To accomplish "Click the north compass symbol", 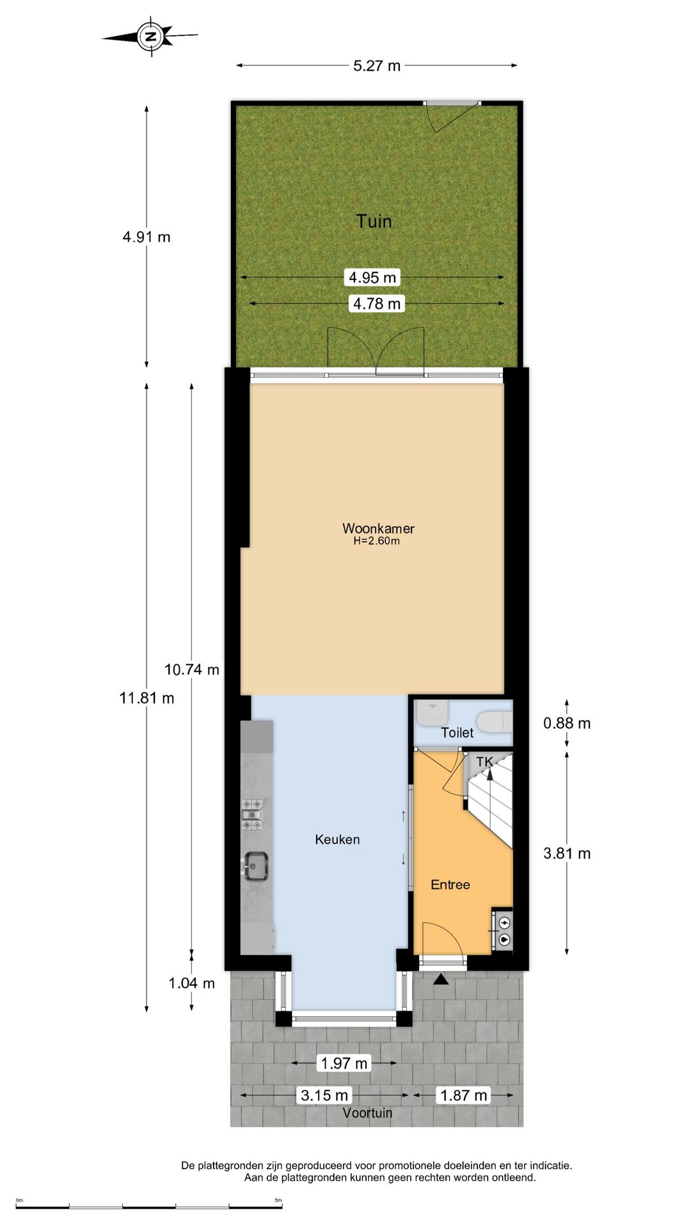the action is pos(150,36).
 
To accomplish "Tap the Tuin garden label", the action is pos(374,221).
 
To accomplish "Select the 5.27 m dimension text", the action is pos(377,65).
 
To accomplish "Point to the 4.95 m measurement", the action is pos(372,278).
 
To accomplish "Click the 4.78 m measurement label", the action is pos(377,304).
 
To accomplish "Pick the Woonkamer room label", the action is pos(378,528).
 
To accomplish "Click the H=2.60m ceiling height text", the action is pos(377,541).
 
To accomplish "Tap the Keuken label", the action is pos(337,840).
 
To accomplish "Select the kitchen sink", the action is pos(255,867).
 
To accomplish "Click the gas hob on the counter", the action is pos(252,815).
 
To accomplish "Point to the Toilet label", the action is pos(457,733).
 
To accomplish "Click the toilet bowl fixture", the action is pos(497,722).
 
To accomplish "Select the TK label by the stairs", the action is pos(485,762).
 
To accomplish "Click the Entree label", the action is pos(450,885).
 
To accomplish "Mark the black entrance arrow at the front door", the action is pos(441,979).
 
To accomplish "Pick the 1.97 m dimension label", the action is pos(344,1063).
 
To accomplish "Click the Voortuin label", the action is pos(367,1113).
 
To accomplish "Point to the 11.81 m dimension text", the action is pos(147,698).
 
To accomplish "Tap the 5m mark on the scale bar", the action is pos(278,1200).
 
